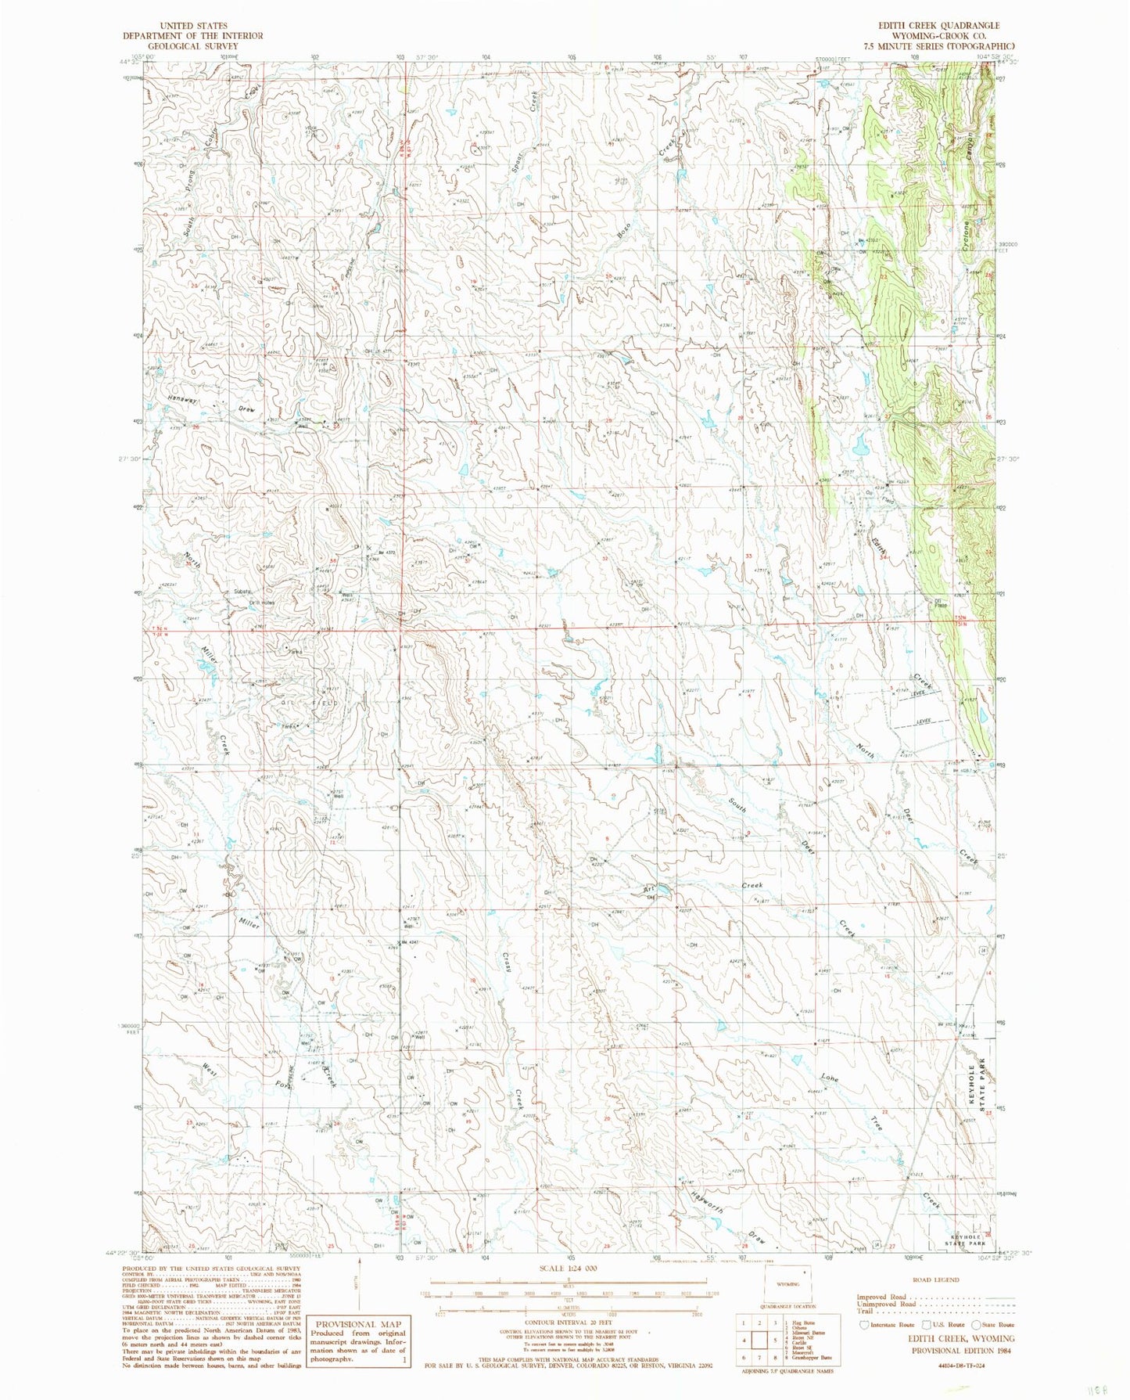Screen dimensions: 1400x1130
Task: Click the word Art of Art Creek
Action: (x=648, y=888)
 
